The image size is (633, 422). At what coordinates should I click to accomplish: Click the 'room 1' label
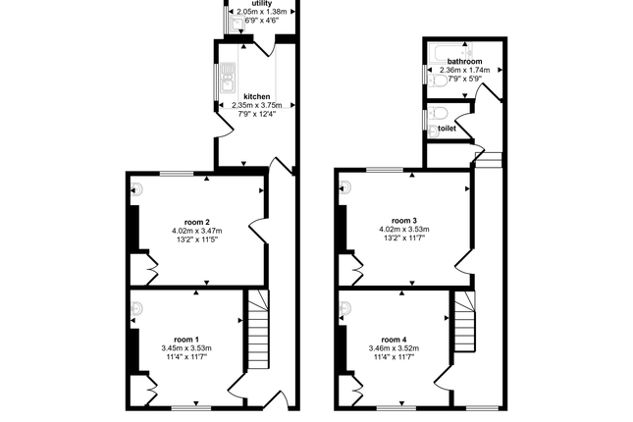click(x=186, y=340)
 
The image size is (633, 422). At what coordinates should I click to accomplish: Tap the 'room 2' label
click(x=196, y=222)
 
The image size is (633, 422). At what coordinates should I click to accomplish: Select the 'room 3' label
click(x=404, y=221)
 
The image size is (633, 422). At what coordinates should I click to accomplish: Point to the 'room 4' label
click(x=394, y=340)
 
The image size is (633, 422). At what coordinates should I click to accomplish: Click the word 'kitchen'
click(x=257, y=96)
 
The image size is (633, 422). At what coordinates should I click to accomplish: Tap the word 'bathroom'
click(x=464, y=62)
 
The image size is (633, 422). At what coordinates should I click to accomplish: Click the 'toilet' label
click(x=447, y=129)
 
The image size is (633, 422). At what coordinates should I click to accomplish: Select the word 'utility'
click(x=262, y=4)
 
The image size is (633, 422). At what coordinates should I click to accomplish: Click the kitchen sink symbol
click(x=228, y=77)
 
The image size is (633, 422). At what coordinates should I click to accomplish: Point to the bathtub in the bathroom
click(x=449, y=52)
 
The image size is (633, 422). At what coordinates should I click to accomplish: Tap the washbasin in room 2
click(x=136, y=188)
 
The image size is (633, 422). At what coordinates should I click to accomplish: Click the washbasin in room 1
click(x=136, y=309)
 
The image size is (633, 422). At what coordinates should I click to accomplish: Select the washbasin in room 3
click(x=345, y=187)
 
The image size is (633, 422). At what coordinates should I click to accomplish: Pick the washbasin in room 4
click(x=345, y=309)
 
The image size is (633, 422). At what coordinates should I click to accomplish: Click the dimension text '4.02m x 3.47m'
click(x=197, y=231)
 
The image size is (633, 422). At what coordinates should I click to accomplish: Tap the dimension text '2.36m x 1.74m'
click(x=464, y=70)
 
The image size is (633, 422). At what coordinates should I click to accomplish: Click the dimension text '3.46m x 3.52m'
click(x=394, y=348)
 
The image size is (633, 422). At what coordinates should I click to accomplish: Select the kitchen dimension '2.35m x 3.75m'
click(x=257, y=105)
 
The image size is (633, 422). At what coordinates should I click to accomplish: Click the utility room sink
click(x=237, y=24)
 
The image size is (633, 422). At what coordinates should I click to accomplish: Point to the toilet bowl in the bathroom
click(x=437, y=81)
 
